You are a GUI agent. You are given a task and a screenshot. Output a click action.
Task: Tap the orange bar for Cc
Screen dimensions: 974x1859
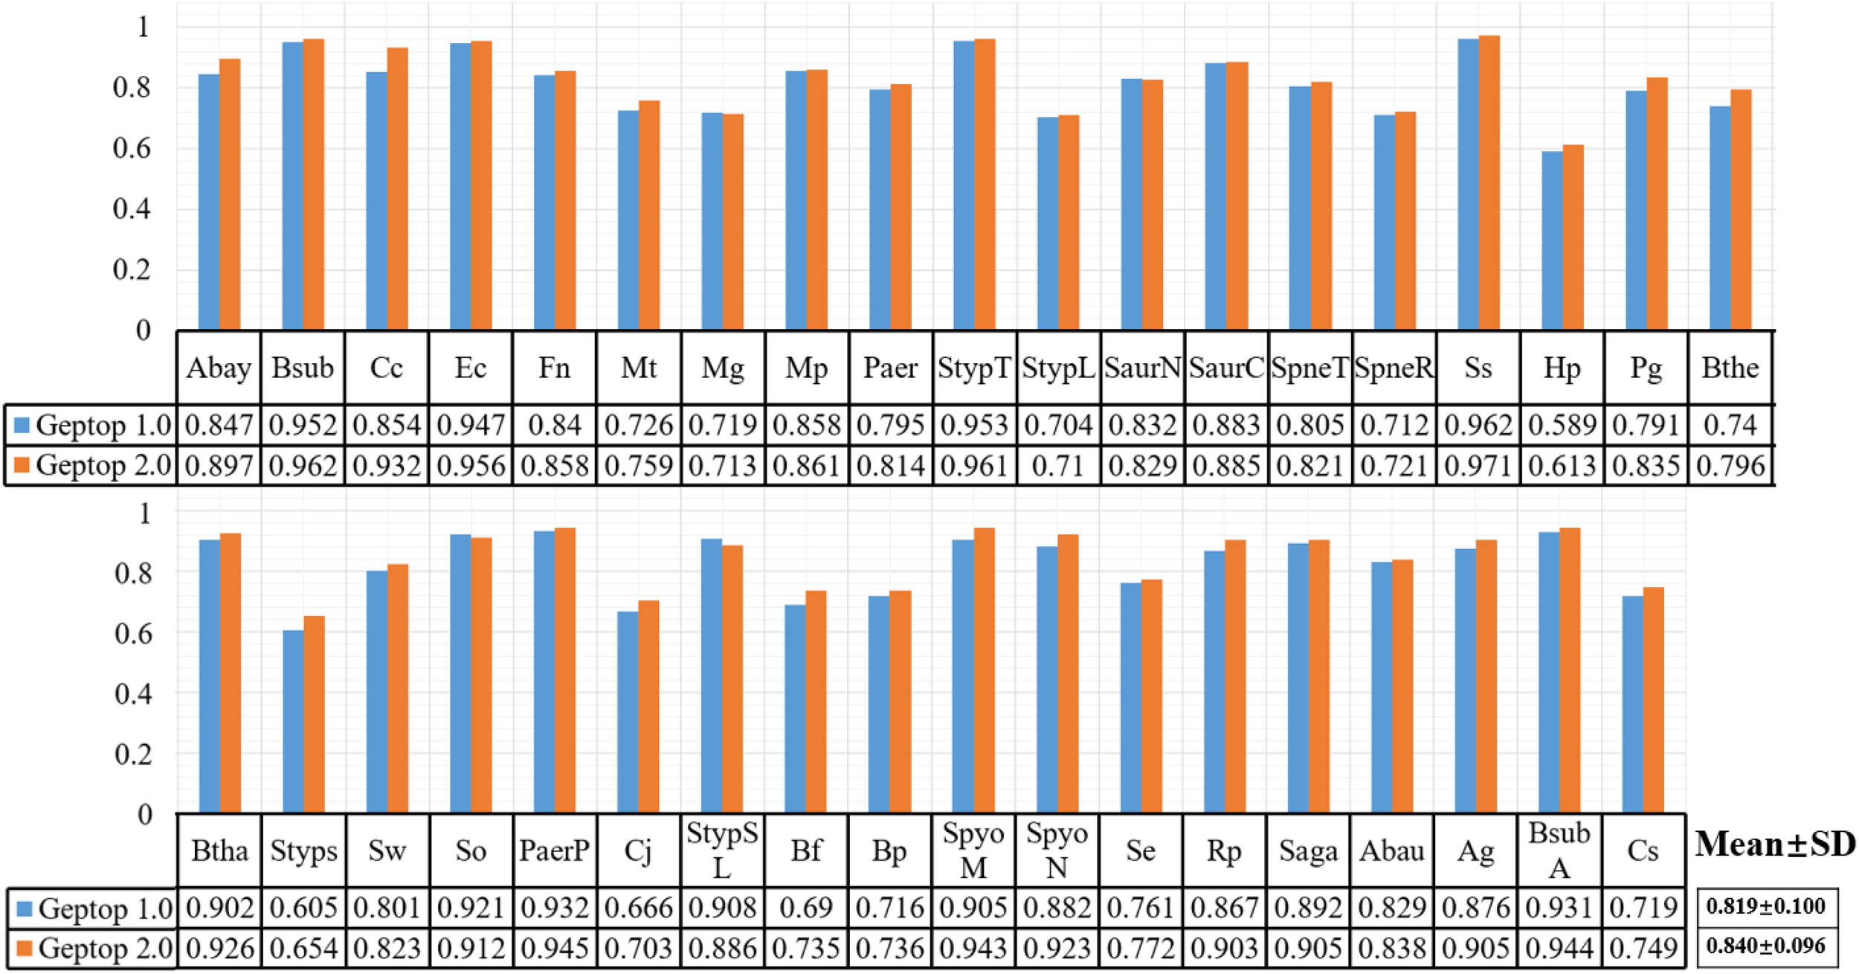tap(397, 188)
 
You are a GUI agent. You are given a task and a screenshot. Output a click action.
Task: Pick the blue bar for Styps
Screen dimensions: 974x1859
tap(293, 721)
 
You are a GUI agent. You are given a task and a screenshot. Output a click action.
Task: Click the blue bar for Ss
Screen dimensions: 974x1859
tap(1468, 184)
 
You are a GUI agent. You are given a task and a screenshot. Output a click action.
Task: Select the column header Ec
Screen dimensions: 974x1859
tap(470, 368)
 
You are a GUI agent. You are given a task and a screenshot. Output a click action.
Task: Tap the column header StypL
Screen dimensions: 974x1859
tap(1058, 368)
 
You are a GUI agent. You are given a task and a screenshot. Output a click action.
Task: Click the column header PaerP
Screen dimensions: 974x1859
tap(554, 850)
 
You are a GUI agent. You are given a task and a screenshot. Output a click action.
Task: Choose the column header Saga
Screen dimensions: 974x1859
tap(1308, 850)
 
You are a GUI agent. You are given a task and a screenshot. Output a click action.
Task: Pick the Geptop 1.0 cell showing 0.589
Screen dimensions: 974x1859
tap(1562, 425)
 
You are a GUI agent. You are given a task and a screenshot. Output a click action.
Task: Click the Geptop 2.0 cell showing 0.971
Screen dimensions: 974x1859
tap(1478, 466)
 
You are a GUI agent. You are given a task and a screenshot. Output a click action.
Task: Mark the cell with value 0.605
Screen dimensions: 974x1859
tap(303, 908)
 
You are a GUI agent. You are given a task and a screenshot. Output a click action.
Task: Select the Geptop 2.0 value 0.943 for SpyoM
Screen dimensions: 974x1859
tap(974, 948)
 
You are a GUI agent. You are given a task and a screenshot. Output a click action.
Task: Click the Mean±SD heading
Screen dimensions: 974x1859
tap(1775, 845)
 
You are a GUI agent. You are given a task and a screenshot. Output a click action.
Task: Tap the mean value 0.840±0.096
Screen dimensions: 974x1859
tap(1765, 946)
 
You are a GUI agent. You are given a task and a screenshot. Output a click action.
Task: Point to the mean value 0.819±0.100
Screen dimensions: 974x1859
tap(1765, 906)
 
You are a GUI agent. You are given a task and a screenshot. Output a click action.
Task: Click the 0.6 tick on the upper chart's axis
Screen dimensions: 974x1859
tap(132, 148)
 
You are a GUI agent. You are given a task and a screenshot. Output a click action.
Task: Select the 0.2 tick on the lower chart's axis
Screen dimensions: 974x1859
tap(133, 754)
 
